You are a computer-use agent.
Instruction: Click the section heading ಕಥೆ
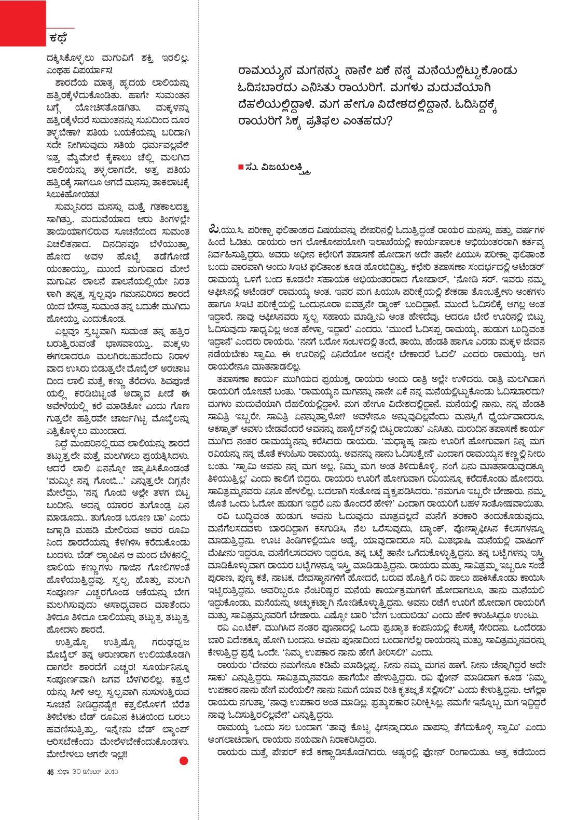pyautogui.click(x=58, y=37)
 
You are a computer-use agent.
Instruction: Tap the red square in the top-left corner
pyautogui.click(x=23, y=23)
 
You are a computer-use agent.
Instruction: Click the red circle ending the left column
pyautogui.click(x=183, y=761)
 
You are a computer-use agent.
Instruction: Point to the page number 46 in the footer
pyautogui.click(x=50, y=772)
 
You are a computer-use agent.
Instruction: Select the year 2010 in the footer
pyautogui.click(x=111, y=772)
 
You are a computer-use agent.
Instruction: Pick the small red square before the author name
pyautogui.click(x=240, y=167)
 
